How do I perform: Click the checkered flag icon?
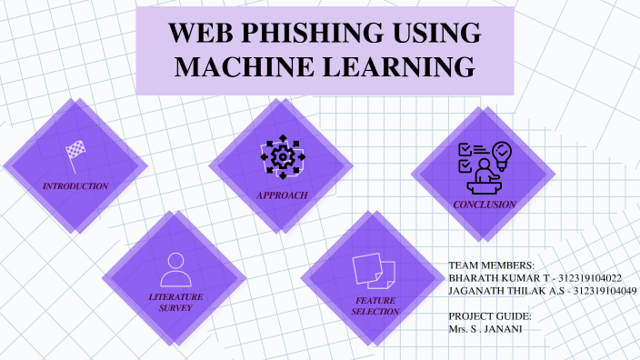point(75,152)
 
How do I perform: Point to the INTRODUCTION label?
point(75,185)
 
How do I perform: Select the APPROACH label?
point(282,195)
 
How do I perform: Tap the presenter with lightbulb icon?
point(484,164)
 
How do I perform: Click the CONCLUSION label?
point(485,205)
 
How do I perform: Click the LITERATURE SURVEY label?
point(175,302)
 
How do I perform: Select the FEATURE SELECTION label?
point(375,306)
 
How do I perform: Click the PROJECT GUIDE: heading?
point(489,315)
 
